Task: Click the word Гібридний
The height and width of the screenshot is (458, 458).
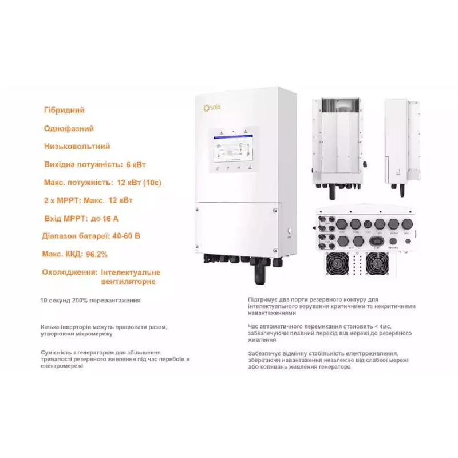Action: click(x=64, y=110)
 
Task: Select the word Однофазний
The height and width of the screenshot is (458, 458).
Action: click(x=68, y=129)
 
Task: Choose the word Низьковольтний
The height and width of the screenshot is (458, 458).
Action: click(x=77, y=147)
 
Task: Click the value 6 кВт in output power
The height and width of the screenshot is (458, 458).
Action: click(x=136, y=165)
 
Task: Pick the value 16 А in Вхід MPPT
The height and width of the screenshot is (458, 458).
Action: click(x=110, y=219)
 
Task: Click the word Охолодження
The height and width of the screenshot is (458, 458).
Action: click(x=69, y=272)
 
